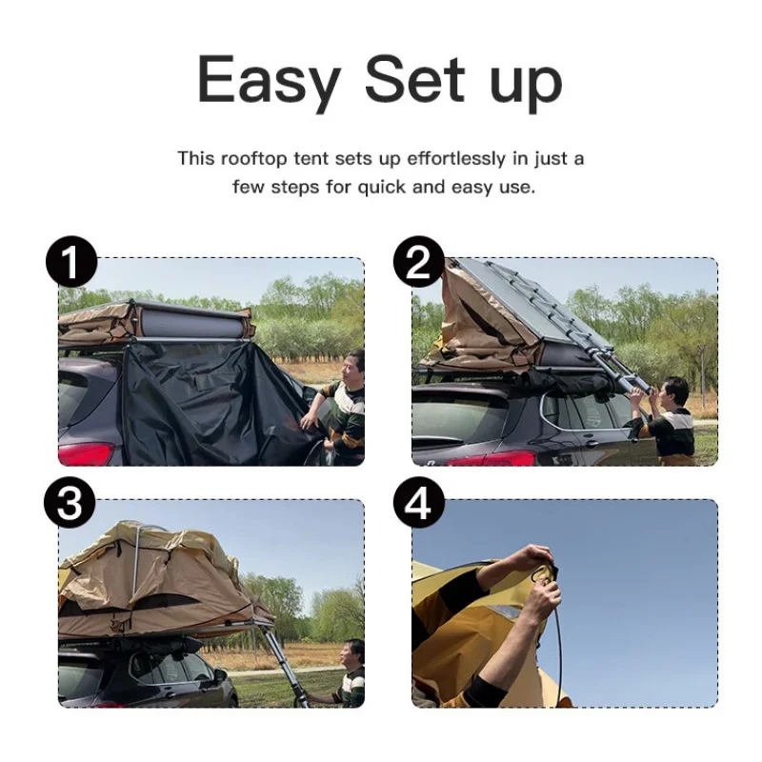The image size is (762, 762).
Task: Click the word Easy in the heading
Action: click(268, 81)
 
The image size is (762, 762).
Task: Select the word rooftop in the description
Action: click(254, 158)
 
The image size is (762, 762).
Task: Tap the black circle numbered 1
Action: click(70, 263)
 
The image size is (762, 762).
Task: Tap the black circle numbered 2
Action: click(419, 263)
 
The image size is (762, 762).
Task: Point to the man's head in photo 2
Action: click(675, 391)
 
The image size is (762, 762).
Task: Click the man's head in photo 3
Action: click(353, 652)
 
